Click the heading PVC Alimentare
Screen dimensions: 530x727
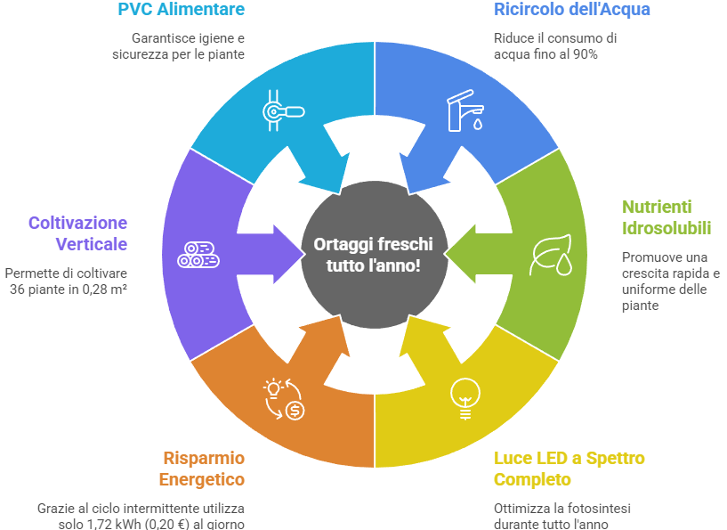click(x=181, y=10)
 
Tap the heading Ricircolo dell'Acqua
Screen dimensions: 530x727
click(x=571, y=10)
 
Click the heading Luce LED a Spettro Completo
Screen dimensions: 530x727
click(x=569, y=469)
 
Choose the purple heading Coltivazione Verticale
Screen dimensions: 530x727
click(x=77, y=233)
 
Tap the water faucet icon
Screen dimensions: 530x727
click(x=464, y=110)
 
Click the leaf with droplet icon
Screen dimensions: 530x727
click(x=550, y=257)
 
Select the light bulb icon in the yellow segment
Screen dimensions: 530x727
click(x=463, y=397)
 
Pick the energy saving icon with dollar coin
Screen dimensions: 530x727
click(x=285, y=398)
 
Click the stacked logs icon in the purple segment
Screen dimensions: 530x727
click(x=198, y=255)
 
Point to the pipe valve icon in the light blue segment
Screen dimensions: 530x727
click(x=283, y=110)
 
